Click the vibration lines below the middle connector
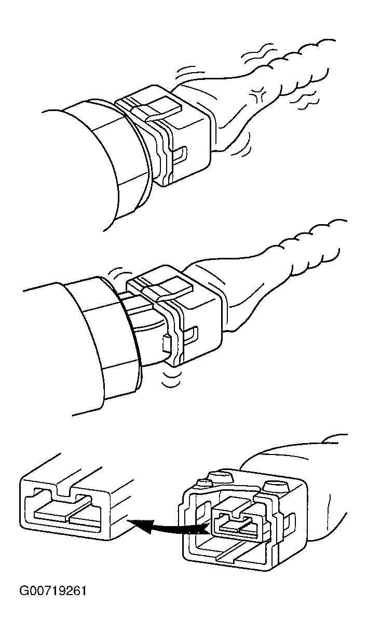coord(171,378)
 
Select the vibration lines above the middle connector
coord(120,271)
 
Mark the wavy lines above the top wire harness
coord(259,54)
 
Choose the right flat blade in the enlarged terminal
coord(85,518)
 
